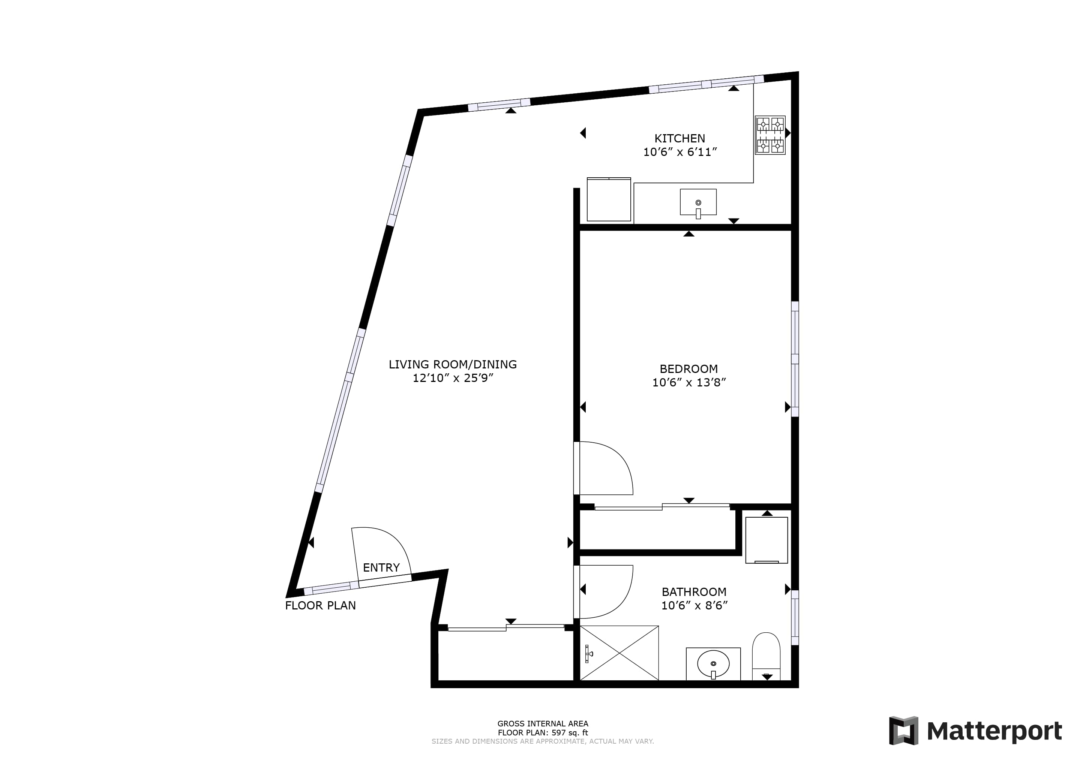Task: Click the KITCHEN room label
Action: tap(680, 139)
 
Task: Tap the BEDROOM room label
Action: tap(688, 369)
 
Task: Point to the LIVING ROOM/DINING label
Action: tap(453, 364)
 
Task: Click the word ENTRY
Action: tap(381, 567)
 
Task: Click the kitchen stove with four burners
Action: tap(770, 135)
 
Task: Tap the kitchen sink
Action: tap(698, 202)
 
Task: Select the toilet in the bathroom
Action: tap(766, 656)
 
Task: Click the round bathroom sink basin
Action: tap(713, 664)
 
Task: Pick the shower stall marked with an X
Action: tap(619, 653)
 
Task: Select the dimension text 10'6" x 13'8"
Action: tap(688, 383)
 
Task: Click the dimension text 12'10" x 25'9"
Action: tap(453, 378)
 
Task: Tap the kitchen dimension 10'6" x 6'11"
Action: tap(680, 152)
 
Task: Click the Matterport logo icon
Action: tap(903, 731)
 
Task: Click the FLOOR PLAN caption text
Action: tap(320, 605)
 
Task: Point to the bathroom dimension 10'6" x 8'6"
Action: tap(694, 605)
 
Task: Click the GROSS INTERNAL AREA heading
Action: tap(543, 723)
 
